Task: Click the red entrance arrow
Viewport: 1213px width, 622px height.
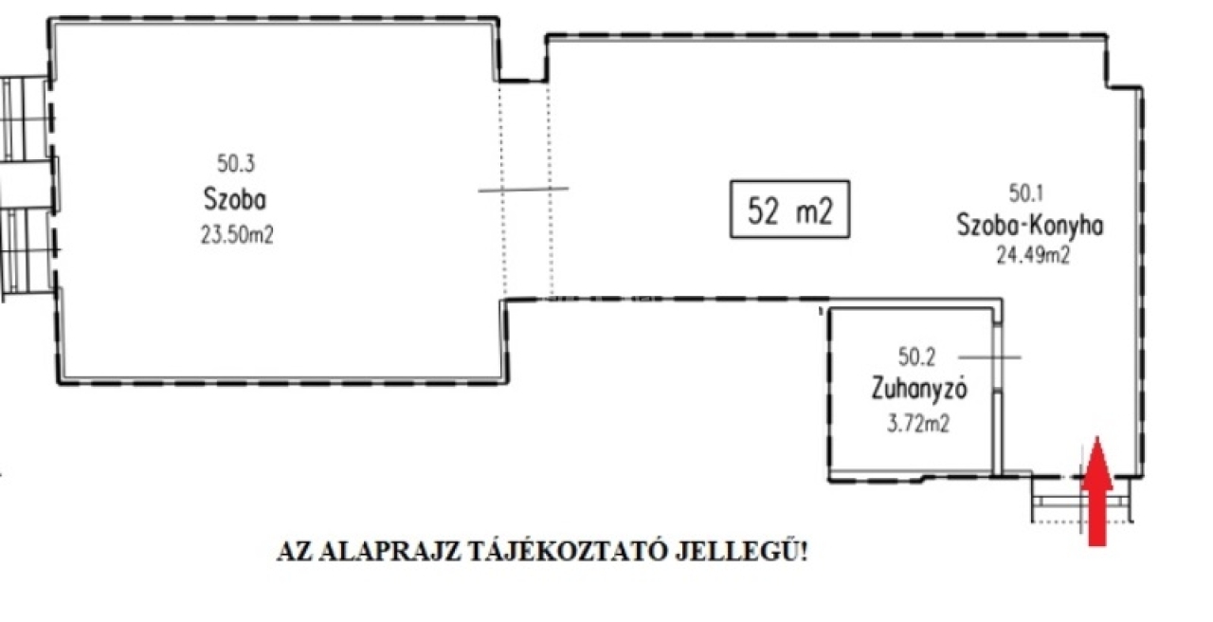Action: coord(1097,490)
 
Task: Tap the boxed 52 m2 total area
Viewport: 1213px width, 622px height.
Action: coord(789,210)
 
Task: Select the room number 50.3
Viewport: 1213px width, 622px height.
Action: coord(236,163)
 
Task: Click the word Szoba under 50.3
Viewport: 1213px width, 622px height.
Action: coord(235,199)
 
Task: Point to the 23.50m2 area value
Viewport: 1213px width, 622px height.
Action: coord(237,235)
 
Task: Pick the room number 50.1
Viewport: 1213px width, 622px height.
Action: coord(1026,193)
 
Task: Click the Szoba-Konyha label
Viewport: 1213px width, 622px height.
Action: coord(1030,225)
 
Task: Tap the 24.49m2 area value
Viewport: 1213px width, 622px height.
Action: coord(1033,255)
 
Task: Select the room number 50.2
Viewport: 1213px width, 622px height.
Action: coord(916,357)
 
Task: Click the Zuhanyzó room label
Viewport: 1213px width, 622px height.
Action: coord(919,389)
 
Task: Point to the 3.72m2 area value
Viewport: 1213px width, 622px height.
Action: coord(918,424)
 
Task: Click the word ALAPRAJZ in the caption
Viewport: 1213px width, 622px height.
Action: coord(389,552)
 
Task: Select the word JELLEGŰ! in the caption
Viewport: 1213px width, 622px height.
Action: coord(741,551)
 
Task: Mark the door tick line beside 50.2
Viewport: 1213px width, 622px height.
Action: coord(989,357)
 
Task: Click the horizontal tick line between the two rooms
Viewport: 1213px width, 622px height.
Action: coord(523,190)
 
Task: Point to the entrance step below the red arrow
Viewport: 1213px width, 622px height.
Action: coord(1082,501)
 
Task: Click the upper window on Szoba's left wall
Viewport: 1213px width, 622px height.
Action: coord(26,119)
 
